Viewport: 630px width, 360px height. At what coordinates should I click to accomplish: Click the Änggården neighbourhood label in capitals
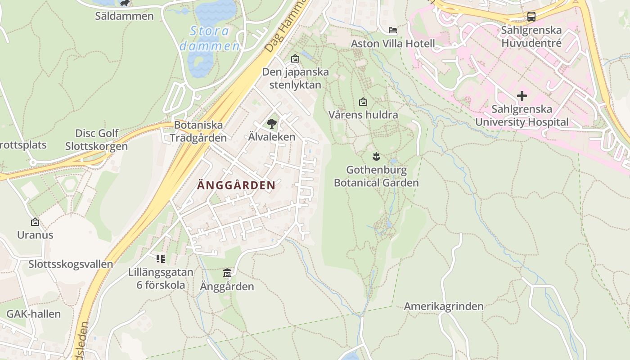[236, 185]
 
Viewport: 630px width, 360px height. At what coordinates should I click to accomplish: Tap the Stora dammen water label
[210, 38]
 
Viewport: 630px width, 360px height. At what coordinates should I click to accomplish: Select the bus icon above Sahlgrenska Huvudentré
[531, 17]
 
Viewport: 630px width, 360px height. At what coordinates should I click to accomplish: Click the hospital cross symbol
[522, 96]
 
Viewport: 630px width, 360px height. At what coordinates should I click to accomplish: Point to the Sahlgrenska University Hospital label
[522, 116]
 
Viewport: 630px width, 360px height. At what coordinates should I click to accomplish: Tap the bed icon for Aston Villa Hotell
[393, 30]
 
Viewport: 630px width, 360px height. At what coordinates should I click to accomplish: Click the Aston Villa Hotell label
[393, 44]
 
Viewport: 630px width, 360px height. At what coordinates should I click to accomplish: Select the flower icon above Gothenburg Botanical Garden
[376, 157]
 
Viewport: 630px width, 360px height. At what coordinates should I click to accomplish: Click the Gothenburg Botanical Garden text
[376, 176]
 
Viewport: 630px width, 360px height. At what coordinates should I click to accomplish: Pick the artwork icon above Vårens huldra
[363, 102]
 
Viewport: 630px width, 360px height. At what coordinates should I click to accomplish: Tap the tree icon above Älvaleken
[272, 124]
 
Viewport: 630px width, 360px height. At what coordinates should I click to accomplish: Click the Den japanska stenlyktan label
[296, 78]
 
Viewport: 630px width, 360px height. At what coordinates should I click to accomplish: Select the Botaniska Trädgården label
[198, 131]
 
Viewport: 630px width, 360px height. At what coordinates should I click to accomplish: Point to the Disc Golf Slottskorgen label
[97, 139]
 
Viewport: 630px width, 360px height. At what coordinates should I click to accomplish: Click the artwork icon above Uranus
[35, 222]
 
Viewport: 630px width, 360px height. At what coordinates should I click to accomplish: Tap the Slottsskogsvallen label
[71, 264]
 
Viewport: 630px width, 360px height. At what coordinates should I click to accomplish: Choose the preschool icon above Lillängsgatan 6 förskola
[161, 259]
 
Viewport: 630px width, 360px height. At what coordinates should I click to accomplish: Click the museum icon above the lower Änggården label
[227, 273]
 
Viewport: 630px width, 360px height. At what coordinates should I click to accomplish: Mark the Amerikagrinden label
[444, 306]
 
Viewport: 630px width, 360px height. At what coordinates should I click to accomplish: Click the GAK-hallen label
[33, 314]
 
